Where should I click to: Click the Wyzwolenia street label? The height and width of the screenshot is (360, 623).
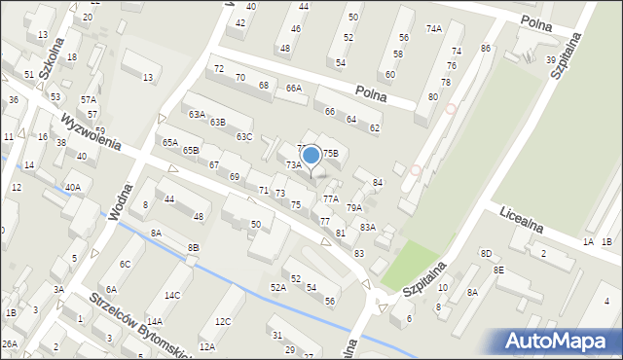[x=91, y=132]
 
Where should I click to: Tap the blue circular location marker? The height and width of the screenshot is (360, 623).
[x=311, y=155]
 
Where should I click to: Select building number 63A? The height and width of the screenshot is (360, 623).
[x=198, y=115]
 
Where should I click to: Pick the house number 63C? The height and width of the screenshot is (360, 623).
[x=244, y=136]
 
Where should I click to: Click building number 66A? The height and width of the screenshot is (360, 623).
[x=293, y=89]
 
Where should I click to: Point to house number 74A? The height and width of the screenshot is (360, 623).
[x=433, y=29]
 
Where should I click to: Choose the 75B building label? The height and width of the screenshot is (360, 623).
[x=331, y=154]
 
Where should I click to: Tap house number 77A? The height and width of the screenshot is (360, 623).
[x=331, y=198]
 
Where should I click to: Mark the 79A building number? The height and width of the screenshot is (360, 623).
[x=354, y=207]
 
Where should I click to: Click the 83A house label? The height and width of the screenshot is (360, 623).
[x=367, y=227]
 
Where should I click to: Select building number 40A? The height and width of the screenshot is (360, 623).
[x=72, y=187]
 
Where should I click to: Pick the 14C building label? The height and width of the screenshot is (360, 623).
[x=172, y=295]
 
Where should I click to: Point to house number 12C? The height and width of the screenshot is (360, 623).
[x=223, y=321]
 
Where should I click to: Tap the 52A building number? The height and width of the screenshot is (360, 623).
[x=277, y=287]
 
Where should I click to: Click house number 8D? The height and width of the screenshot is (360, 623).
[x=486, y=253]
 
